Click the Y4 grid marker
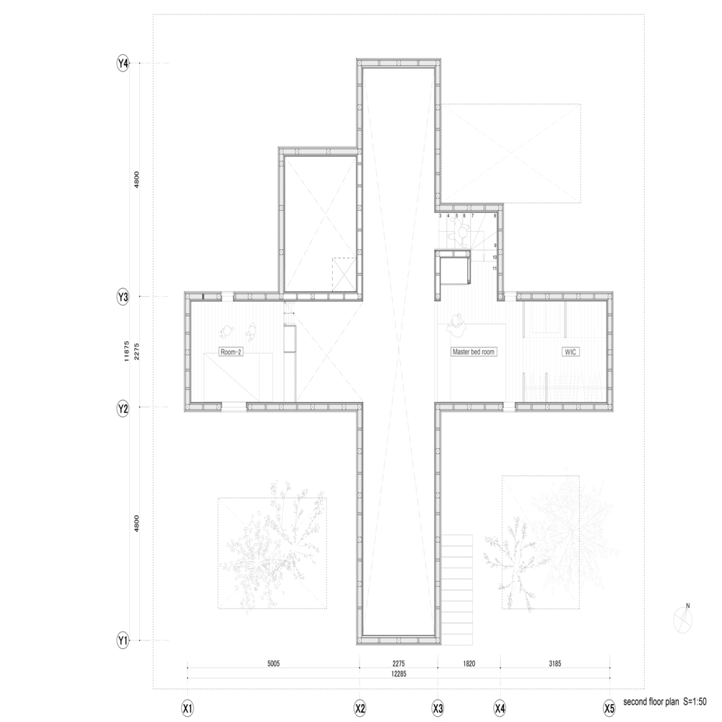(123, 64)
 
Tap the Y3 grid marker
(123, 297)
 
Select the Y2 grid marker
(123, 408)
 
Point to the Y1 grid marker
(123, 640)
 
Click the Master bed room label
(474, 352)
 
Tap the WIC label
(572, 352)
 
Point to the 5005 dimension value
(272, 662)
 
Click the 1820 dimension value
(468, 662)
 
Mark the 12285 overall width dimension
(399, 674)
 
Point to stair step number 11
(495, 269)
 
